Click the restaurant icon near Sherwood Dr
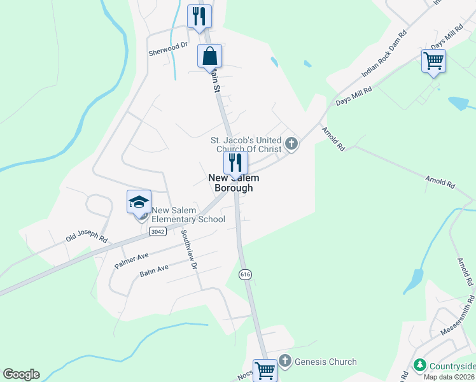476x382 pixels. [199, 16]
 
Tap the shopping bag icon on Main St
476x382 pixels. [209, 56]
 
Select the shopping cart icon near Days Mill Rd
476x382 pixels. [433, 61]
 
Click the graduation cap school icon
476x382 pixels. [139, 202]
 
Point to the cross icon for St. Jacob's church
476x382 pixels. [291, 143]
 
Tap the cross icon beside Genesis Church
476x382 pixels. [284, 362]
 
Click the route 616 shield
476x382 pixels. [244, 274]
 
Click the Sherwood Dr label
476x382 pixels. [169, 45]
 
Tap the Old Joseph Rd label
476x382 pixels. [87, 236]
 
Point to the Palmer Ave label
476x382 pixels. [131, 259]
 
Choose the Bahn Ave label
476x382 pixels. [154, 272]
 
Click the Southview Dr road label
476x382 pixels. [190, 249]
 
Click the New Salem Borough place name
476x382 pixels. [234, 183]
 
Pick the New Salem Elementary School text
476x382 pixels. [188, 215]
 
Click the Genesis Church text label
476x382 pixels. [325, 362]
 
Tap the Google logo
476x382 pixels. [21, 374]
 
